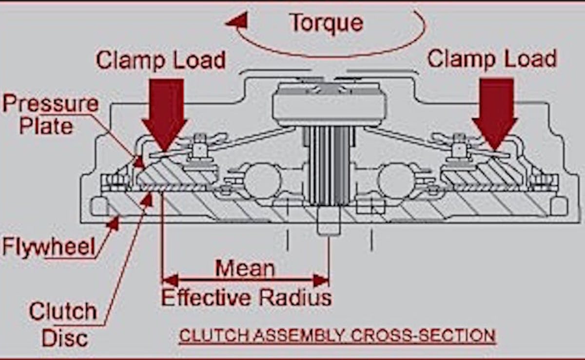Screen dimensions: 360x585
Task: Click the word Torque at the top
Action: point(326,23)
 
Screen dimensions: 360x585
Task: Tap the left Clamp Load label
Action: point(160,60)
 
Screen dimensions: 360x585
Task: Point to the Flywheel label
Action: point(49,247)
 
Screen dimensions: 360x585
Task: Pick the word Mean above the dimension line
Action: point(245,268)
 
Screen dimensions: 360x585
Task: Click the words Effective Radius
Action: point(247,297)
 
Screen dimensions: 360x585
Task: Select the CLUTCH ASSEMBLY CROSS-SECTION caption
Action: point(337,336)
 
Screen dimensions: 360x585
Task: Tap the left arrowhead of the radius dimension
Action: point(169,280)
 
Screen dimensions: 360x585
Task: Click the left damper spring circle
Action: point(262,180)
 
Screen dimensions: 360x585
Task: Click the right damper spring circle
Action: point(396,180)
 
